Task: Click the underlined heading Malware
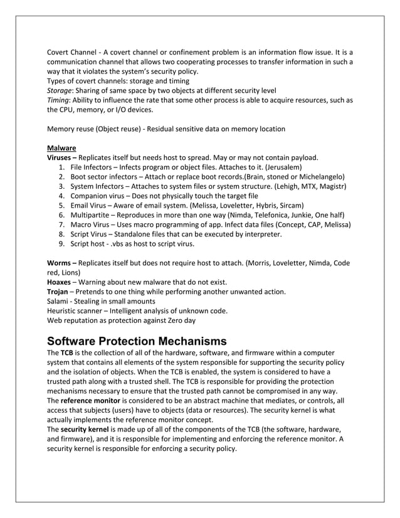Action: coord(61,148)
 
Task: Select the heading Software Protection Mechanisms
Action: coord(137,341)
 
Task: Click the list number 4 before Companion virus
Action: coord(61,196)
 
